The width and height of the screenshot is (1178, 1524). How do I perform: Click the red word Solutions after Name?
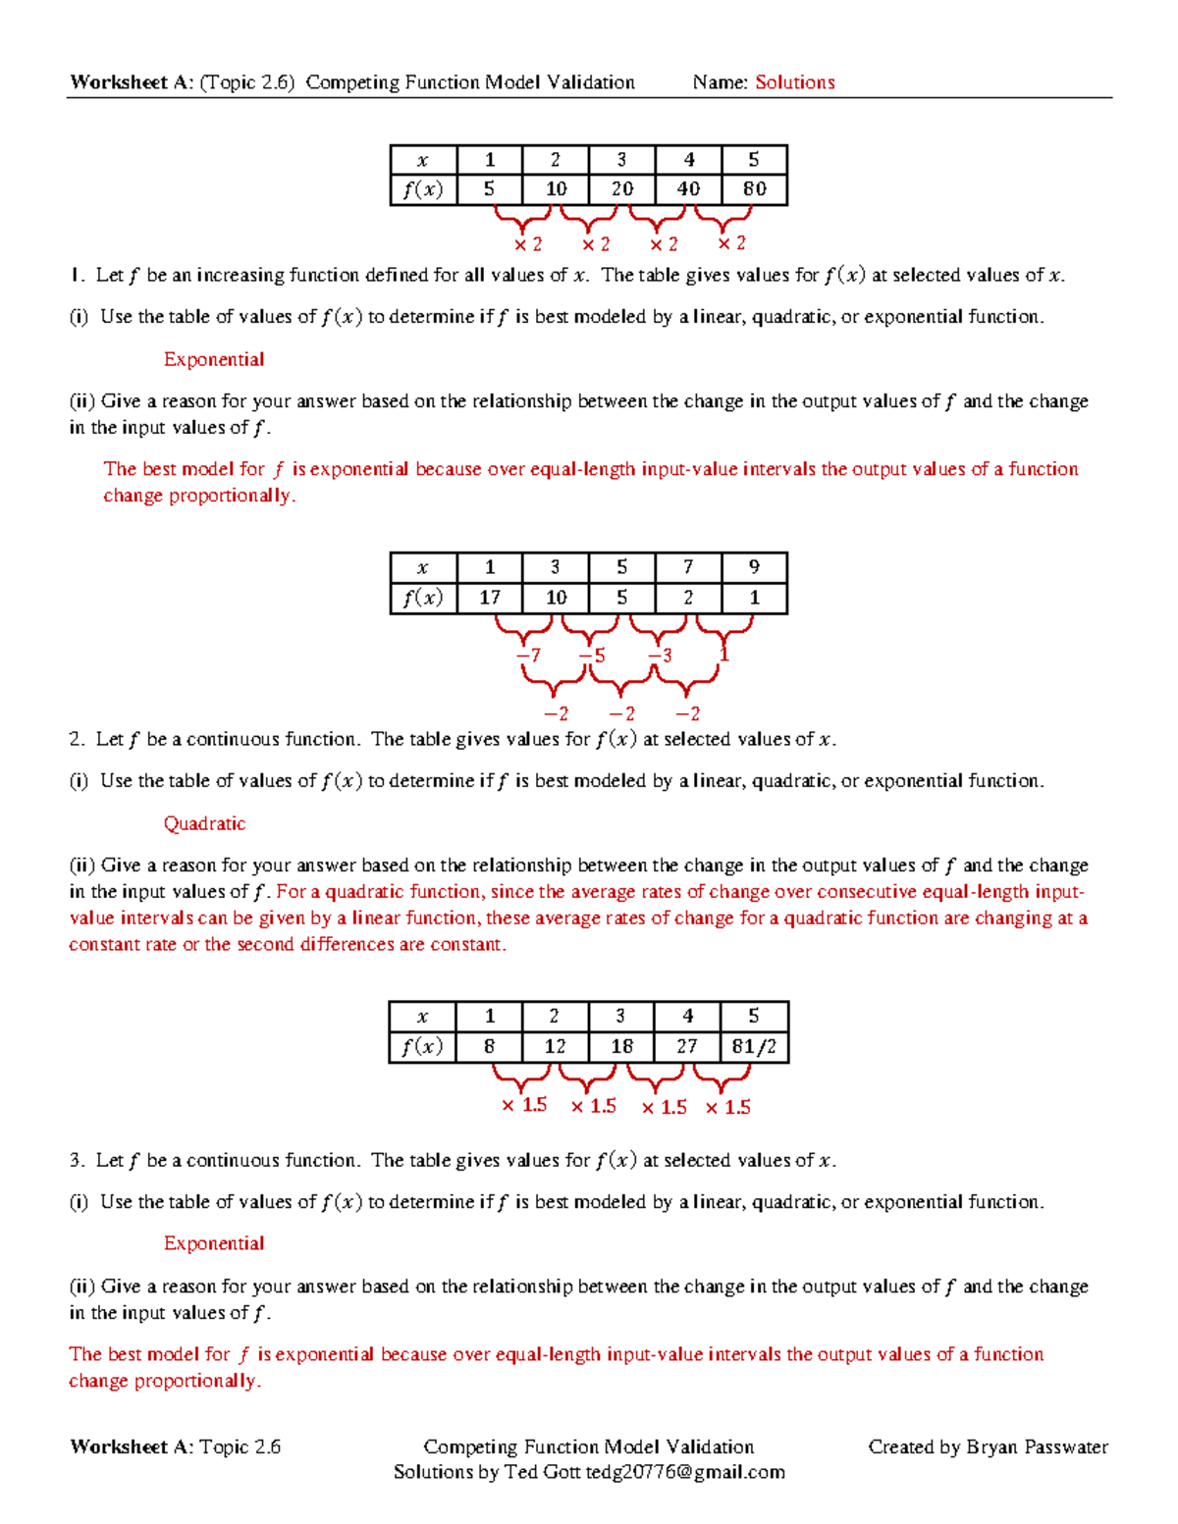click(x=794, y=82)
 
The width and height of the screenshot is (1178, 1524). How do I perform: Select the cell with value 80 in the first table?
click(x=754, y=188)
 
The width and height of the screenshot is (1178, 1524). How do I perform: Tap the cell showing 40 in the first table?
click(x=688, y=188)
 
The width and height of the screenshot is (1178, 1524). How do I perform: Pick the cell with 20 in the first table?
click(x=621, y=188)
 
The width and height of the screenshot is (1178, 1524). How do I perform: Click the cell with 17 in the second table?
click(x=490, y=597)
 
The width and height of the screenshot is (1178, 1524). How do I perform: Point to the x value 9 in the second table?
click(x=754, y=566)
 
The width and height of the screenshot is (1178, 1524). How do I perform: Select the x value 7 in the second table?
click(x=688, y=566)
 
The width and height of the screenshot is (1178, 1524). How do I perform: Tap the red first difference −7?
click(x=528, y=655)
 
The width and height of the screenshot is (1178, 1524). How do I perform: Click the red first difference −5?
click(x=592, y=655)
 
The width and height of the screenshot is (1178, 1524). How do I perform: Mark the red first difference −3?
click(x=660, y=655)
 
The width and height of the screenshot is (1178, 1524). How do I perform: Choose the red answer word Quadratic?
click(x=204, y=823)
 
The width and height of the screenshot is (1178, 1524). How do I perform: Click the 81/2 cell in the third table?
click(x=754, y=1046)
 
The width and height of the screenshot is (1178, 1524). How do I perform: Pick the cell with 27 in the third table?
click(x=687, y=1046)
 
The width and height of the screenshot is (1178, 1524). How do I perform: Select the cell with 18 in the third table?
click(x=621, y=1046)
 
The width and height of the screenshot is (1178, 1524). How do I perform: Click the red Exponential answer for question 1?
click(x=214, y=359)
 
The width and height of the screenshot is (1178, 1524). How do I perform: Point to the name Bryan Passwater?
click(x=1037, y=1446)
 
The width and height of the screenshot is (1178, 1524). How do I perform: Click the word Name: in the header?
click(x=721, y=82)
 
